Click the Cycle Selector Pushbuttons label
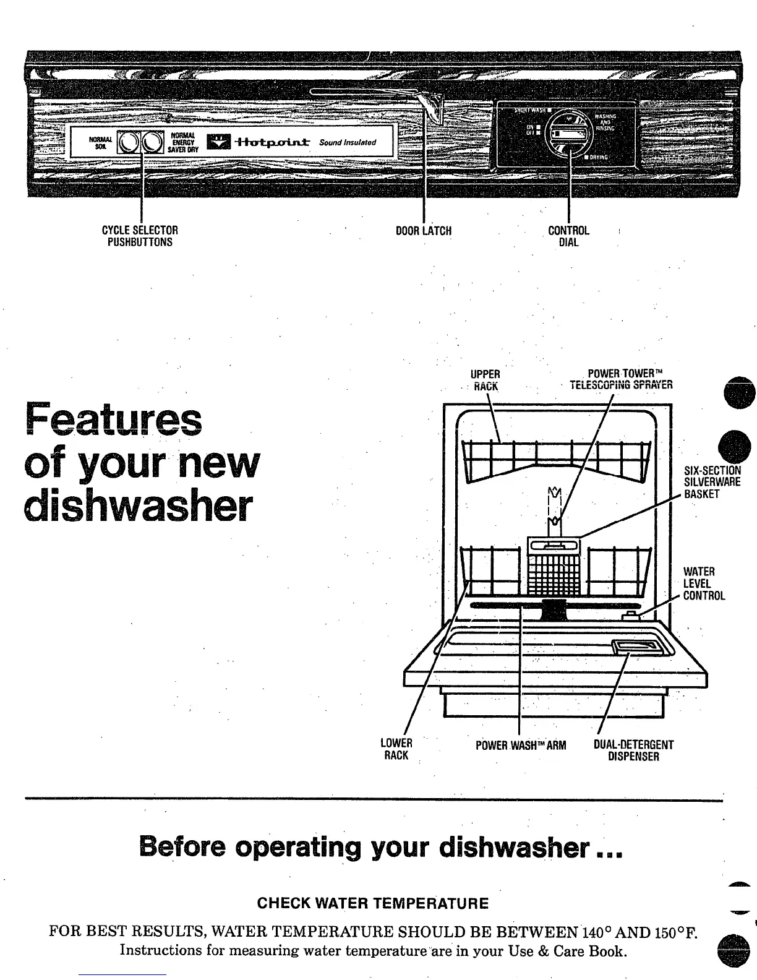click(140, 236)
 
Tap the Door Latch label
click(424, 231)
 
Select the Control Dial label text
click(569, 236)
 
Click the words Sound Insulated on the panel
click(348, 143)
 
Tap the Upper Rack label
click(485, 380)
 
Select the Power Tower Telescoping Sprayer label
click(620, 379)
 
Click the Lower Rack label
click(396, 749)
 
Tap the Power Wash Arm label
click(521, 745)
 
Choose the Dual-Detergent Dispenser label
click(633, 750)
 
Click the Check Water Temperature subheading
click(372, 904)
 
